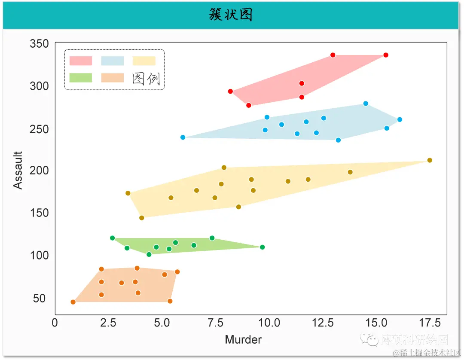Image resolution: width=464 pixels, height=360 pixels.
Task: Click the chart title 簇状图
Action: click(231, 15)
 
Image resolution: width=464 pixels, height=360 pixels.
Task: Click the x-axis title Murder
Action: click(243, 340)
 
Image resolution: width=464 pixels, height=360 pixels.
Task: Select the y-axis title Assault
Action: click(18, 170)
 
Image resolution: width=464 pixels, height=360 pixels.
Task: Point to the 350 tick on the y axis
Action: click(39, 44)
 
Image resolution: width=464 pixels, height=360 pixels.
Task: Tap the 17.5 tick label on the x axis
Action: click(430, 323)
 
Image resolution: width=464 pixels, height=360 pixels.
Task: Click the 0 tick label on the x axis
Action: click(55, 323)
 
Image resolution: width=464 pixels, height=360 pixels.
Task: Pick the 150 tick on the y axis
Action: click(39, 213)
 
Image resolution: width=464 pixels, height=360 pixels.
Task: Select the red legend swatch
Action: click(81, 61)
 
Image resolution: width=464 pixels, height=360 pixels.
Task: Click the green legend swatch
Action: click(81, 78)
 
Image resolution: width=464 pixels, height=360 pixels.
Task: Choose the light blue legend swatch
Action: click(113, 61)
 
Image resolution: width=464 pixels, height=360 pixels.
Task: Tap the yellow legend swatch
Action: click(144, 61)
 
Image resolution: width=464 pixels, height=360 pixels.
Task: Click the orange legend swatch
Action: click(113, 78)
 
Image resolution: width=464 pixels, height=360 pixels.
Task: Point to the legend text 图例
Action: click(147, 79)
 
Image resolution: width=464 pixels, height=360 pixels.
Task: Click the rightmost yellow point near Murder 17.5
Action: click(430, 160)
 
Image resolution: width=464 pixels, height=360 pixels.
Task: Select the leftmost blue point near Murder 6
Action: click(183, 137)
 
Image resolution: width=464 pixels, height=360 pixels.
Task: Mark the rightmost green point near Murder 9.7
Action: click(263, 247)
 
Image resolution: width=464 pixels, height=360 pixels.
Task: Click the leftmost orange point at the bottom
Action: click(73, 302)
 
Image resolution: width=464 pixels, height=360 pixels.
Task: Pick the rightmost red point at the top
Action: click(386, 55)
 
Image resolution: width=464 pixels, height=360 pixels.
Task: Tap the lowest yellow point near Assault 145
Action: click(142, 218)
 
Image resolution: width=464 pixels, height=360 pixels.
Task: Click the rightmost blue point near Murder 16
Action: click(400, 119)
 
